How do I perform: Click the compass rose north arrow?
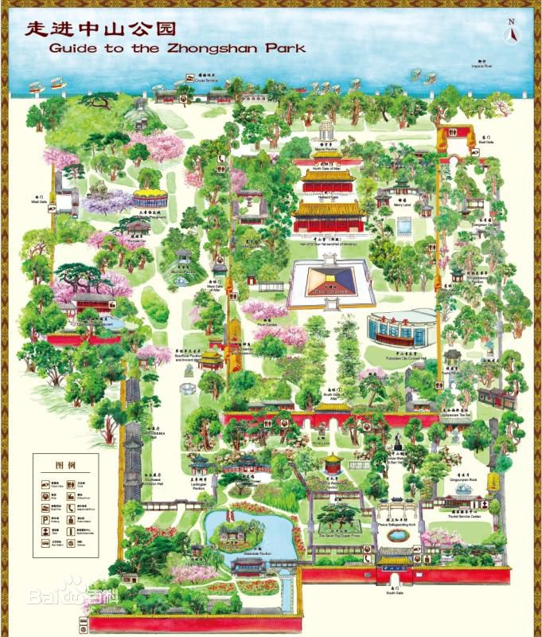[x=513, y=33]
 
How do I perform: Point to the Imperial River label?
[x=478, y=66]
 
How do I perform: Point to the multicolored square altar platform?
[x=331, y=283]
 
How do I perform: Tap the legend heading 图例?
[x=64, y=465]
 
